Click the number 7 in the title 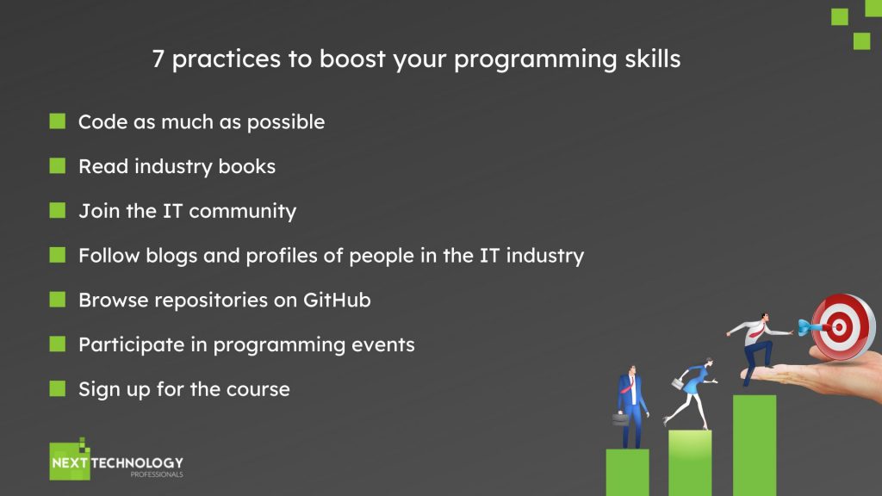point(158,59)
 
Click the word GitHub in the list point(337,300)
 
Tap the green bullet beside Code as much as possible point(58,121)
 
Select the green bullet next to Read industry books point(58,165)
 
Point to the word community point(242,212)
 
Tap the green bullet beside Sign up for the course point(58,388)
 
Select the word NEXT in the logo point(70,462)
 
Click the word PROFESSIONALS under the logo point(157,474)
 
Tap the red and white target point(842,326)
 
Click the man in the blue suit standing point(631,407)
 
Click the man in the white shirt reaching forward point(757,349)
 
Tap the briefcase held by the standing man point(620,419)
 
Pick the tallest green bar point(755,445)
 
